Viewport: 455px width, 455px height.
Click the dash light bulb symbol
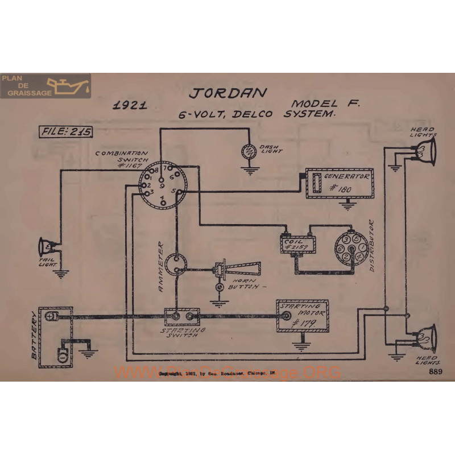(249, 151)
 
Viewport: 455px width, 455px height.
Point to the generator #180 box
(340, 183)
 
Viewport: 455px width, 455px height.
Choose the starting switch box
(183, 316)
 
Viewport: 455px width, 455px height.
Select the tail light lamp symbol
(45, 246)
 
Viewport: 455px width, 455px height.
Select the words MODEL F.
(321, 104)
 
